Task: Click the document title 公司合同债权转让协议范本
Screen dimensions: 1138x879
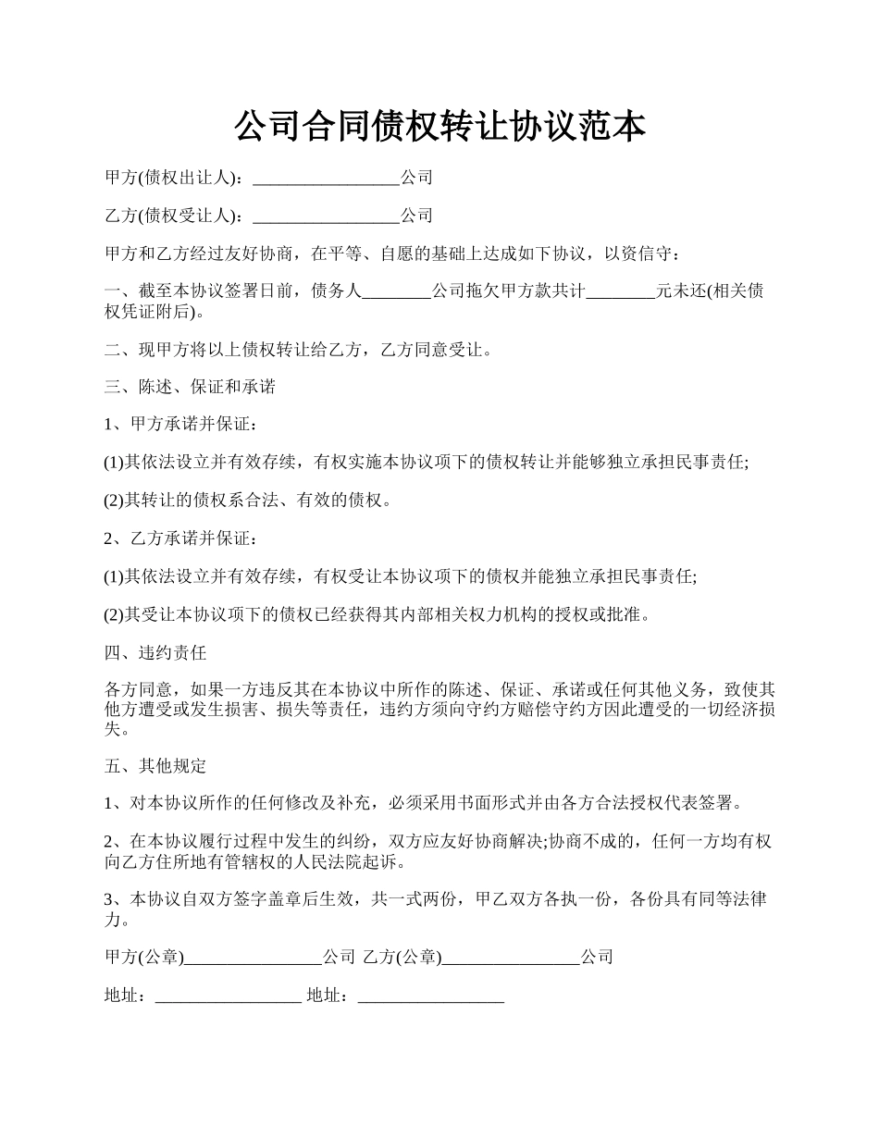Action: pos(439,127)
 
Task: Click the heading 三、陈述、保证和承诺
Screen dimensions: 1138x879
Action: pos(190,387)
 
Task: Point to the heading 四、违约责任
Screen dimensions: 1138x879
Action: pos(155,653)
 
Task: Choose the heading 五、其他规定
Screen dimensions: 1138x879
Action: pos(155,766)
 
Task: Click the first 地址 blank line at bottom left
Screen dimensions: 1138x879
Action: pos(229,997)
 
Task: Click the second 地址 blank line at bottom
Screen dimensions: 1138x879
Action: pos(431,997)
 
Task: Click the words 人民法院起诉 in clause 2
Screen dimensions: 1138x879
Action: pos(358,862)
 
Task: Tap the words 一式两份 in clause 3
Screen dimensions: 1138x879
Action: pos(434,900)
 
